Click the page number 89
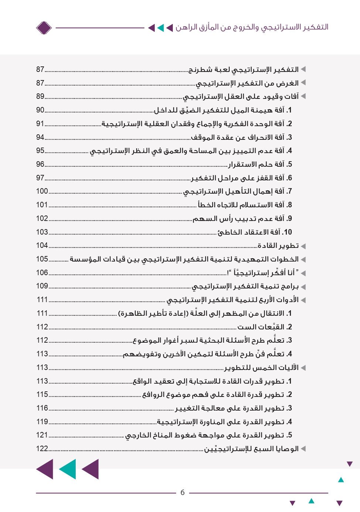coord(40,96)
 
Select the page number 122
coord(42,449)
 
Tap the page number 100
coord(42,191)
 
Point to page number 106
coord(42,273)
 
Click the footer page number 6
coord(182,492)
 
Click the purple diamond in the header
coord(44,28)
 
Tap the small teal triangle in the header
coord(160,28)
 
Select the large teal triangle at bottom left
coord(68,469)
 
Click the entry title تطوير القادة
coord(278,246)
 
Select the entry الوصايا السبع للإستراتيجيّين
coord(251,449)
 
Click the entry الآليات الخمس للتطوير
coord(261,368)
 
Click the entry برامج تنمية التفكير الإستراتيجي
coord(245,286)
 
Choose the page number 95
coord(40,151)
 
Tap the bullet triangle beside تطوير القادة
coord(303,246)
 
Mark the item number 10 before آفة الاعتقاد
coord(287,232)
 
